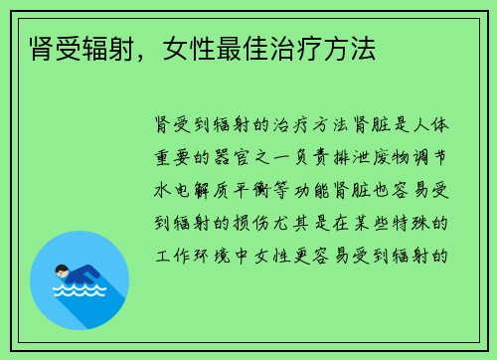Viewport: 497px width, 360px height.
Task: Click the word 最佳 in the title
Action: point(248,46)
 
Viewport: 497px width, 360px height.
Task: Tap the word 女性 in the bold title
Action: point(198,46)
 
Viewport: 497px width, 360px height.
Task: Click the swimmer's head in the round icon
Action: point(62,270)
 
